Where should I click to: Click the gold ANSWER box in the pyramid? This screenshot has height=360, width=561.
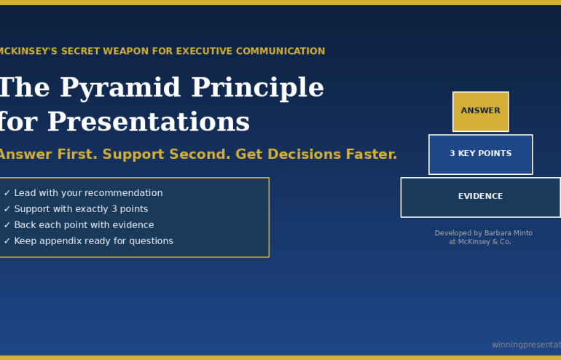pyautogui.click(x=480, y=111)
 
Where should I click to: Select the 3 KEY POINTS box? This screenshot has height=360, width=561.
pyautogui.click(x=480, y=154)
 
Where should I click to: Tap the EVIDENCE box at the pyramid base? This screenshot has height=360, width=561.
pyautogui.click(x=480, y=197)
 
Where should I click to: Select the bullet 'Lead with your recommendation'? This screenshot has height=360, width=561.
pyautogui.click(x=88, y=193)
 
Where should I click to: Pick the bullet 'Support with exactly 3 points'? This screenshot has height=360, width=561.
pyautogui.click(x=81, y=209)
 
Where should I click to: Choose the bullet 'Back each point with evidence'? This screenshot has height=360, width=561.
pyautogui.click(x=84, y=225)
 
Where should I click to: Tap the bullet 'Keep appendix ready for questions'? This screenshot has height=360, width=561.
pyautogui.click(x=93, y=241)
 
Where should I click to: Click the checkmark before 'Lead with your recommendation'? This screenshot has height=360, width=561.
pyautogui.click(x=7, y=193)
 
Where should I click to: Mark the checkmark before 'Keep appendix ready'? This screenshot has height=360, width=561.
pyautogui.click(x=7, y=241)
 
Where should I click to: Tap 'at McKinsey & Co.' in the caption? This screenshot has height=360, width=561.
pyautogui.click(x=479, y=242)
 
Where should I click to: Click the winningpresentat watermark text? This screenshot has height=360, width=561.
pyautogui.click(x=525, y=345)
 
